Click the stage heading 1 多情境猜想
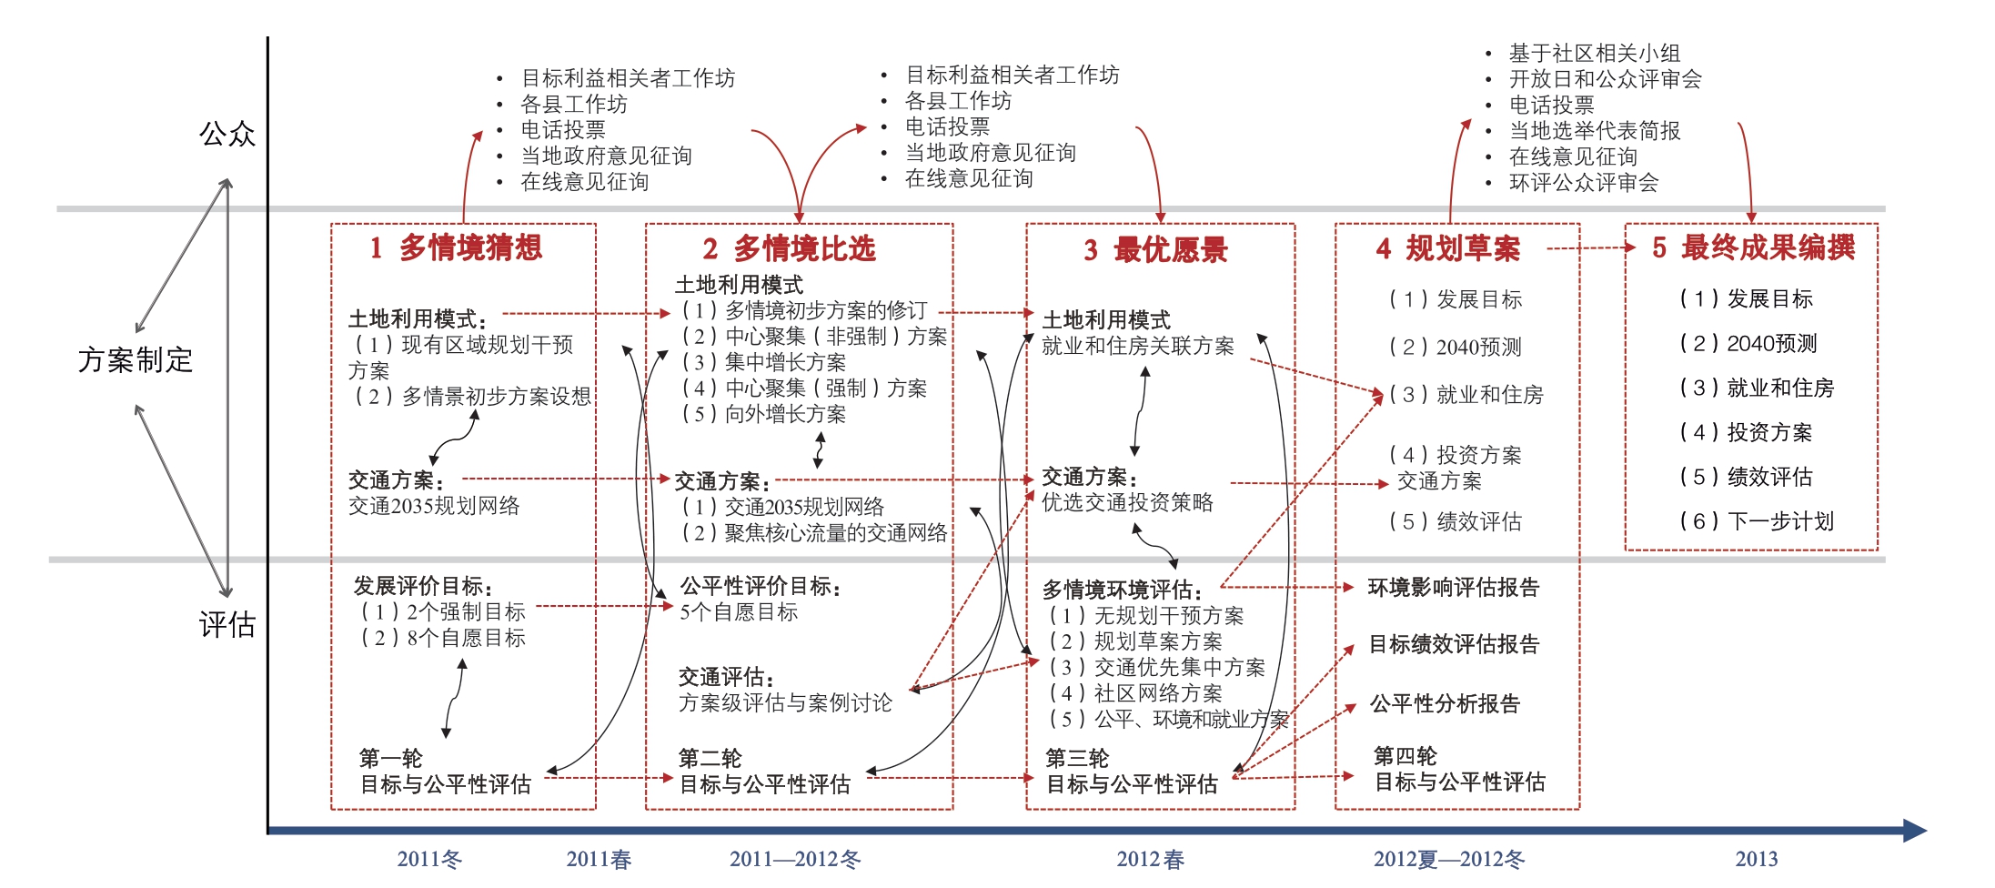pyautogui.click(x=456, y=247)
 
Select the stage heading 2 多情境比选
pyautogui.click(x=789, y=248)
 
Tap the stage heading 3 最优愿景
pyautogui.click(x=1155, y=249)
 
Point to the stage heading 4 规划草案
pyautogui.click(x=1447, y=248)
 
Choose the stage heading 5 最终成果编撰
pyautogui.click(x=1753, y=247)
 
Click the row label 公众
pyautogui.click(x=227, y=134)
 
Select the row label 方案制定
pyautogui.click(x=136, y=359)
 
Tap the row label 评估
pyautogui.click(x=227, y=624)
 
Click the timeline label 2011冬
pyautogui.click(x=429, y=859)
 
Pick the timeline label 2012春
pyautogui.click(x=1151, y=859)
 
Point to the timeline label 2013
pyautogui.click(x=1756, y=859)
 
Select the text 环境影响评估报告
pyautogui.click(x=1454, y=588)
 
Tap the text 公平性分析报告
pyautogui.click(x=1446, y=703)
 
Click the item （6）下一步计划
pyautogui.click(x=1757, y=521)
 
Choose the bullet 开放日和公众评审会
pyautogui.click(x=1606, y=79)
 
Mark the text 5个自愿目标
pyautogui.click(x=739, y=612)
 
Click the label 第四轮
pyautogui.click(x=1406, y=756)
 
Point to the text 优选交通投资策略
pyautogui.click(x=1127, y=502)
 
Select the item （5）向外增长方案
pyautogui.click(x=764, y=414)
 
